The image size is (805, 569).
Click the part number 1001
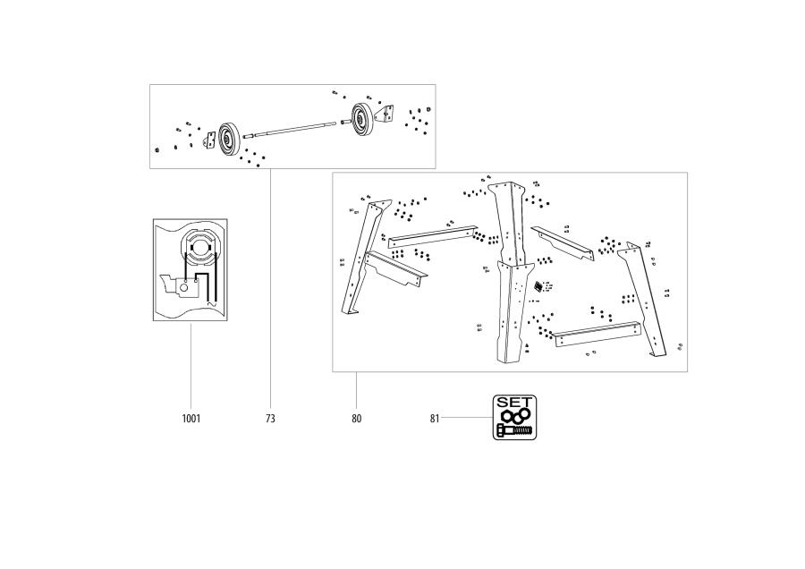pos(191,418)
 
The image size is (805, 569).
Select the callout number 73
pos(270,418)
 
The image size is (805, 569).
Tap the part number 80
pos(356,418)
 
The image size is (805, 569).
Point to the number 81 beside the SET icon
pos(436,418)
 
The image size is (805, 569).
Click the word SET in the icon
pos(514,403)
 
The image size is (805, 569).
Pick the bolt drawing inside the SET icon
pos(514,430)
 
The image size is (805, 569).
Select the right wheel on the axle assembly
pos(362,117)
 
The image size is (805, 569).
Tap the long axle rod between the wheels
pos(295,130)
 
